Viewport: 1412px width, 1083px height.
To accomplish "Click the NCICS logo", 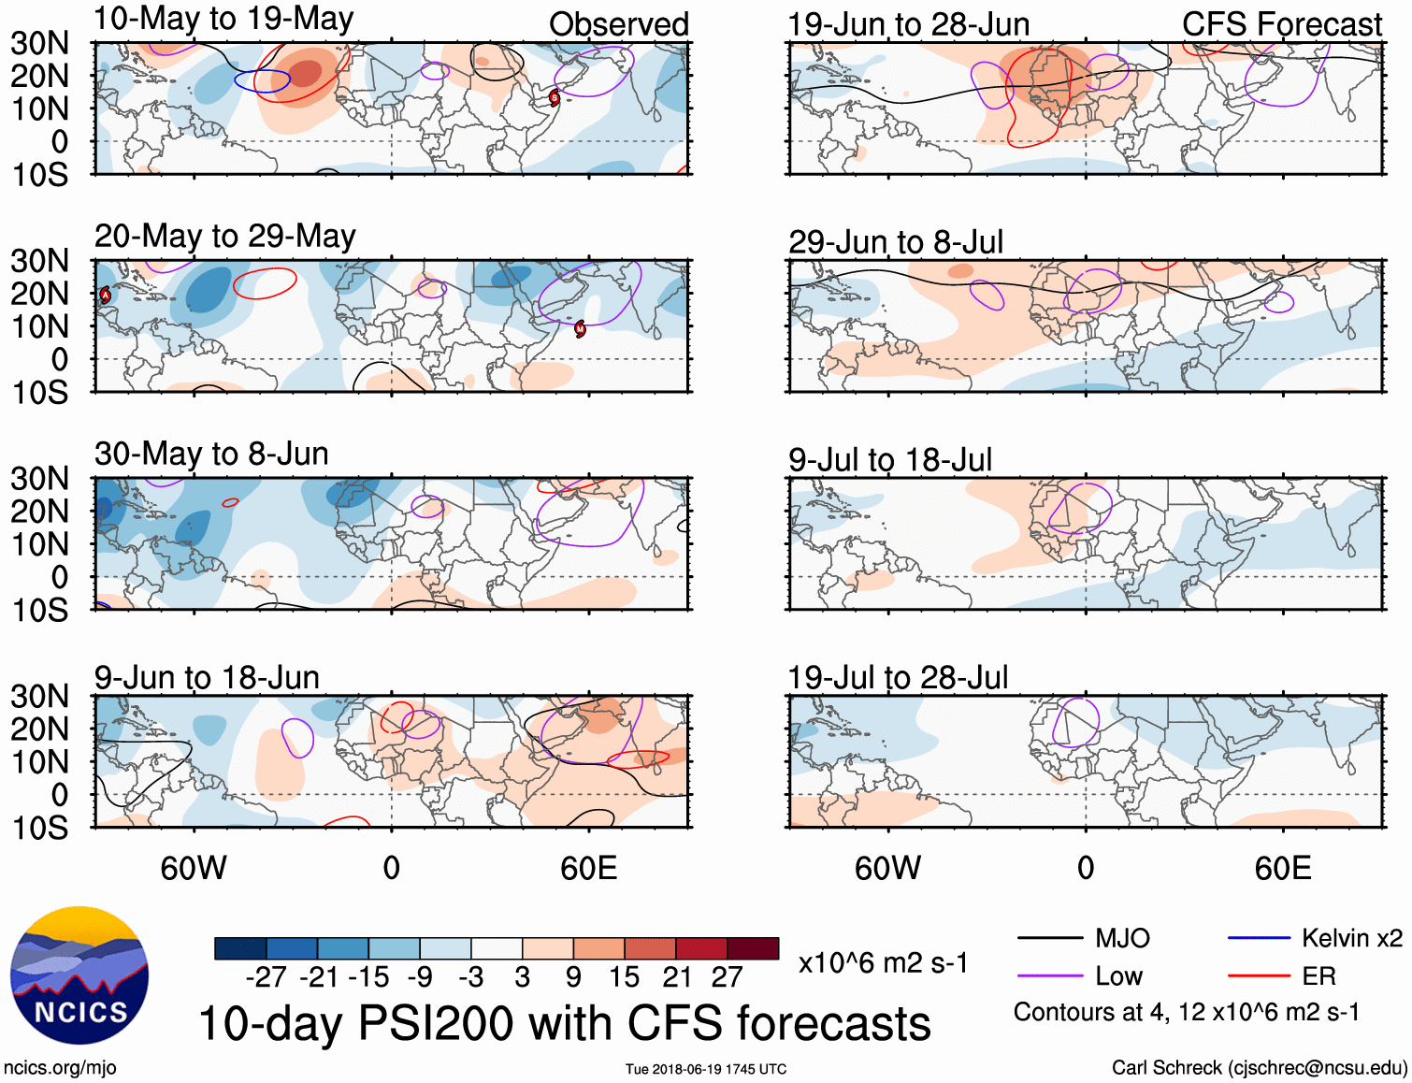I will click(x=79, y=975).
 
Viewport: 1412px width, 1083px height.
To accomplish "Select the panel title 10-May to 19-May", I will click(x=223, y=20).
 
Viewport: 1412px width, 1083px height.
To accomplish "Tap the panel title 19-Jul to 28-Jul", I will click(x=898, y=677).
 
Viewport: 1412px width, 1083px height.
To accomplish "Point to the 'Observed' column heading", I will click(x=618, y=24).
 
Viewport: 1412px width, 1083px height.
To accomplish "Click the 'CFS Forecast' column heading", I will click(x=1281, y=24).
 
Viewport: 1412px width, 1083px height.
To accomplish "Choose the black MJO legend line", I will click(x=1049, y=938).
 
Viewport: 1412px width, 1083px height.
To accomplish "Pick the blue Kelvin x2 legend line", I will click(x=1259, y=938).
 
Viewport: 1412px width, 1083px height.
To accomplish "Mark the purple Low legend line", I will click(x=1049, y=976).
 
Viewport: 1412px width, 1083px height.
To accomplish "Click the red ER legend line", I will click(x=1259, y=976).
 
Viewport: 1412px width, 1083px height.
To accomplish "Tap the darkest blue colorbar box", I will click(x=240, y=948).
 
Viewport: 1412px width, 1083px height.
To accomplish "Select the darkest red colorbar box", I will click(x=753, y=948).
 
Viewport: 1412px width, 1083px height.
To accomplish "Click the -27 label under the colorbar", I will click(x=266, y=977).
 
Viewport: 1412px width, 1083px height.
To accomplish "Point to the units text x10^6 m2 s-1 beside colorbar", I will click(x=883, y=962).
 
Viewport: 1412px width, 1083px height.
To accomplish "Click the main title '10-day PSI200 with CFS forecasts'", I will click(x=565, y=1023).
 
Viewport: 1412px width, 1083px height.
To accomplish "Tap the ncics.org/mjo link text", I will click(x=60, y=1068).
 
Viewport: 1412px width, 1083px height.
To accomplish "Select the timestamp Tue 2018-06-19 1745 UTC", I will click(x=706, y=1069).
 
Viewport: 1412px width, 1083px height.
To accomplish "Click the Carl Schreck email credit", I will click(x=1259, y=1068).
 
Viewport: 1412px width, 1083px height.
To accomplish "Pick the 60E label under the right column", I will click(x=1282, y=868).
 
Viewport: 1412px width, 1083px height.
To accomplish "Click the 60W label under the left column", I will click(x=194, y=868).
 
